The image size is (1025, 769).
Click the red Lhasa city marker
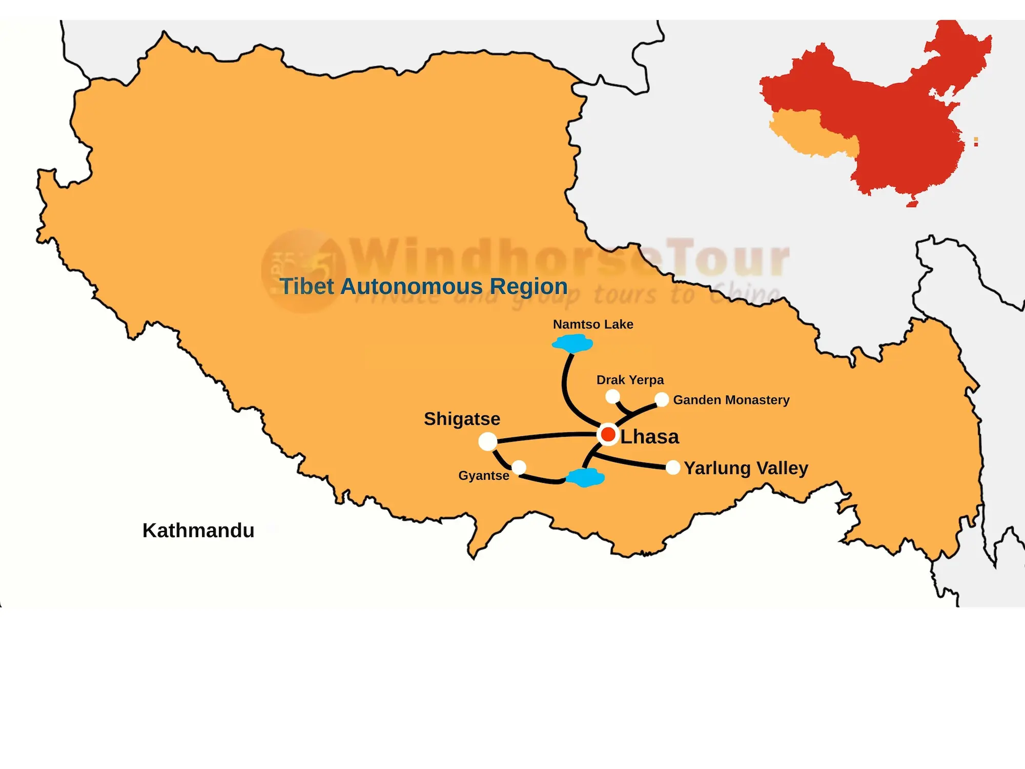pos(608,435)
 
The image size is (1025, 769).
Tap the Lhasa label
pos(649,437)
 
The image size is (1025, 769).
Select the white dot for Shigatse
pos(487,441)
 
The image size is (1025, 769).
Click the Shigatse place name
pos(462,419)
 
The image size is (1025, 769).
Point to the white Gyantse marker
pos(519,467)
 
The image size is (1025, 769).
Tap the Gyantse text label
pos(483,476)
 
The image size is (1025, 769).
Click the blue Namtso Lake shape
pos(573,343)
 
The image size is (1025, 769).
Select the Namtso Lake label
pos(593,325)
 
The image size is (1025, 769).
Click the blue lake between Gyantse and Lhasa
pos(585,478)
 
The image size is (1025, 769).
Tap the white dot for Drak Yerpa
pos(612,396)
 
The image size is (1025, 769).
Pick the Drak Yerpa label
pos(630,380)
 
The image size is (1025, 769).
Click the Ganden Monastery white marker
pos(662,399)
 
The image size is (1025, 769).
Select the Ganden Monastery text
pos(731,400)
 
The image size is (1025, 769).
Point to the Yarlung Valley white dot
pos(673,468)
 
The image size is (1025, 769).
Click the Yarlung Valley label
pos(746,468)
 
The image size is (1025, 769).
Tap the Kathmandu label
pos(198,531)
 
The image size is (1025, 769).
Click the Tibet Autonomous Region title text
pos(423,287)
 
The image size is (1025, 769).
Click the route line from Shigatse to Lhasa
pos(543,436)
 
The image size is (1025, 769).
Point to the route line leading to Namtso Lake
pos(565,385)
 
